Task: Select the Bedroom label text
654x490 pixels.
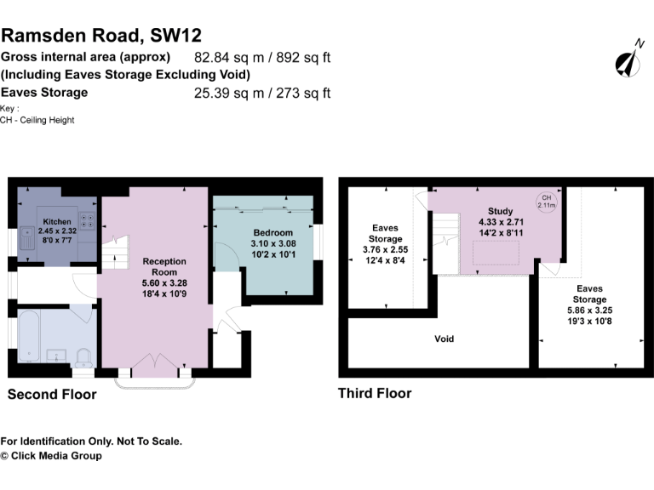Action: [272, 232]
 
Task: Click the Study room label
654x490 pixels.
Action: [500, 210]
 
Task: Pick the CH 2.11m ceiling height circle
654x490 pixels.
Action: [545, 202]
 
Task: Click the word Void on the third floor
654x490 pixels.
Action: [444, 339]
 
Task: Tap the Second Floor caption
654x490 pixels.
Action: [52, 395]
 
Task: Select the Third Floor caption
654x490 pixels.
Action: [375, 393]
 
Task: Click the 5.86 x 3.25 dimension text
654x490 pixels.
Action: [589, 311]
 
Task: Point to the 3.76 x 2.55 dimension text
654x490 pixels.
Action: [384, 249]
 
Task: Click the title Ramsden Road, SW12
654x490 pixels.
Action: [101, 35]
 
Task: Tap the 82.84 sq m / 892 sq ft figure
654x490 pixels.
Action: [262, 59]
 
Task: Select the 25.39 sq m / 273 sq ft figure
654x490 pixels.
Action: [262, 94]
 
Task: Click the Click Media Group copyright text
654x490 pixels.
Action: [51, 456]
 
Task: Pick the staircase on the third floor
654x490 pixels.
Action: [445, 242]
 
